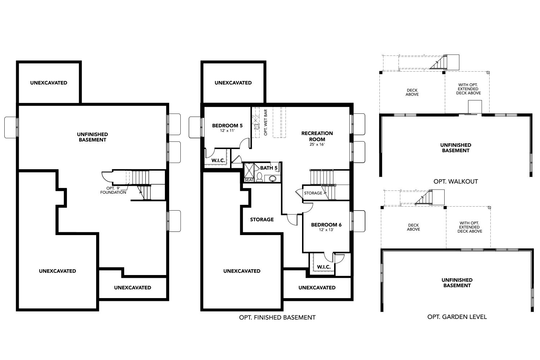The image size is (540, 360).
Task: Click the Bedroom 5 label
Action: point(227,126)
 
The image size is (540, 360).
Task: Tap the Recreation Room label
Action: point(317,136)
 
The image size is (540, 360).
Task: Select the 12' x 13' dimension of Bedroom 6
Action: point(326,230)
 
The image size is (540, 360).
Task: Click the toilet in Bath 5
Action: point(260,177)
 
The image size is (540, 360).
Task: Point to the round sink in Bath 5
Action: point(273,179)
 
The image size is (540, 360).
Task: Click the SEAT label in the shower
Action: point(249,180)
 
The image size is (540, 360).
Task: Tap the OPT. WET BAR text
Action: point(266,122)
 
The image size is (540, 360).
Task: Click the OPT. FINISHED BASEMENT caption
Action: point(277,317)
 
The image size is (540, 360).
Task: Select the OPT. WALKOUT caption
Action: point(456,181)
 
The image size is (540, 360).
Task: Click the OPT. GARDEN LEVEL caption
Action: point(457,316)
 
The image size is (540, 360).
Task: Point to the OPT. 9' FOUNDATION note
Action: point(113,190)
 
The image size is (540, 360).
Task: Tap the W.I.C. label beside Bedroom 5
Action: point(218,160)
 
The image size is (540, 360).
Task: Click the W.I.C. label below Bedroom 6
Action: point(324,267)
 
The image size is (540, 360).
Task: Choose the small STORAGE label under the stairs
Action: point(313,193)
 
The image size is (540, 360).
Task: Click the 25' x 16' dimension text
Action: point(317,144)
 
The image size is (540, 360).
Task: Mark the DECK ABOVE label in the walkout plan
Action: point(412,93)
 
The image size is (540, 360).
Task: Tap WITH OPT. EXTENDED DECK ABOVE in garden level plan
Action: point(469,227)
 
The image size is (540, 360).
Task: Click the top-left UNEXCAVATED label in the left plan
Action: point(49,83)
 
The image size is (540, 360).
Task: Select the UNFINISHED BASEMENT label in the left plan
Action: point(92,137)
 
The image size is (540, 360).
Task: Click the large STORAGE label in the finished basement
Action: point(262,220)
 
